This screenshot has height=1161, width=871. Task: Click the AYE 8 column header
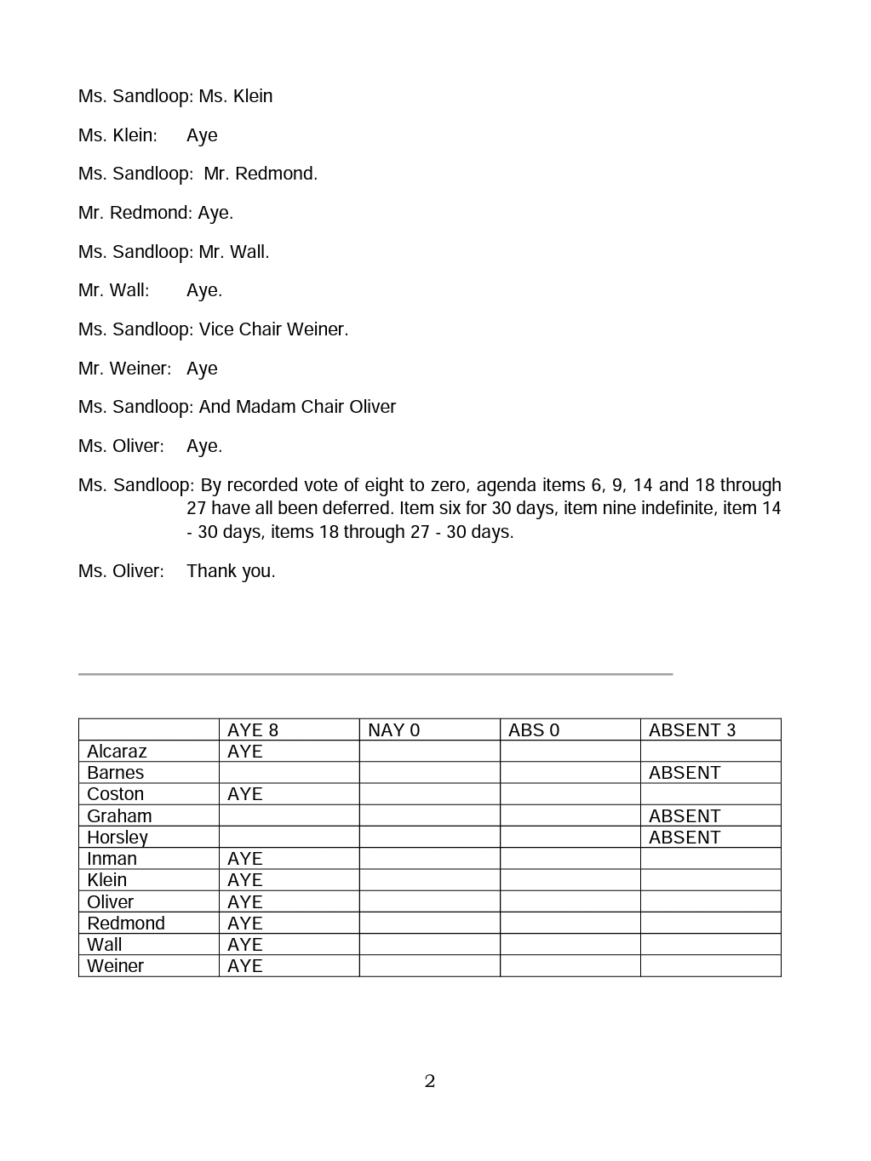click(x=253, y=730)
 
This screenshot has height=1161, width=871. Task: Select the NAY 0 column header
click(x=393, y=730)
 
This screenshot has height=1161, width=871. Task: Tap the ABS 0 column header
click(x=534, y=730)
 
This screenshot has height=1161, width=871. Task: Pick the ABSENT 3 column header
click(x=692, y=730)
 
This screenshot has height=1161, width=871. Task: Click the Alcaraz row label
click(x=117, y=752)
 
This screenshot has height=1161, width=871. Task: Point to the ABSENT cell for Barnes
click(x=685, y=773)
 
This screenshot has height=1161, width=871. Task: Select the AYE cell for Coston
click(x=245, y=794)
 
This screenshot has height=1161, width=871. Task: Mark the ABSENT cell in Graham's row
click(x=685, y=816)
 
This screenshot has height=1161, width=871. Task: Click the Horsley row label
click(x=117, y=838)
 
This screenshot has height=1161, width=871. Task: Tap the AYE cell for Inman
click(x=245, y=859)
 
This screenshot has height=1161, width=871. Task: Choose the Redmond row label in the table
click(x=126, y=924)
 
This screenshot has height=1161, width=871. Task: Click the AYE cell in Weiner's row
click(x=245, y=966)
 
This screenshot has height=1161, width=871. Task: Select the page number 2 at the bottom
click(x=430, y=1082)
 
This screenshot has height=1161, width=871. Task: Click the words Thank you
click(x=231, y=571)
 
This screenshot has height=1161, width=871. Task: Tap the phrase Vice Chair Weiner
click(x=273, y=329)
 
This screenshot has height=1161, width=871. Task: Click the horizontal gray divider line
click(x=375, y=674)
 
